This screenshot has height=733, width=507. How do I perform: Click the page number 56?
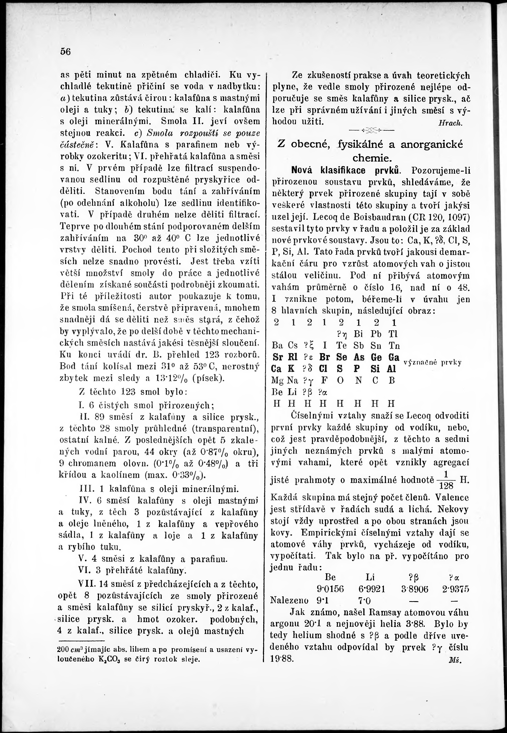coord(65,51)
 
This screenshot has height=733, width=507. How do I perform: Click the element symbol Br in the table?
coord(324,357)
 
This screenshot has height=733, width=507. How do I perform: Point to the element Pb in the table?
coord(376,334)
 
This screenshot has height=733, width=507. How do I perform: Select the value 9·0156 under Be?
coord(330,589)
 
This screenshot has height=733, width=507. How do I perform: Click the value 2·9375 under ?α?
coord(455,589)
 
